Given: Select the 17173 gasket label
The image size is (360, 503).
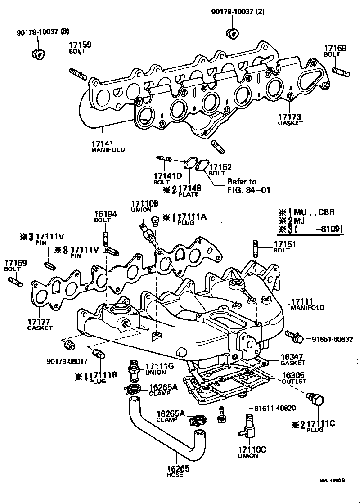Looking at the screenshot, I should (290, 117).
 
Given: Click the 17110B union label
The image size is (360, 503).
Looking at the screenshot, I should (145, 204).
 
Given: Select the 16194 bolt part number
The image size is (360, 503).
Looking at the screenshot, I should (105, 214).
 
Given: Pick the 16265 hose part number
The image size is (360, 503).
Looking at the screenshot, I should (175, 469).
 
